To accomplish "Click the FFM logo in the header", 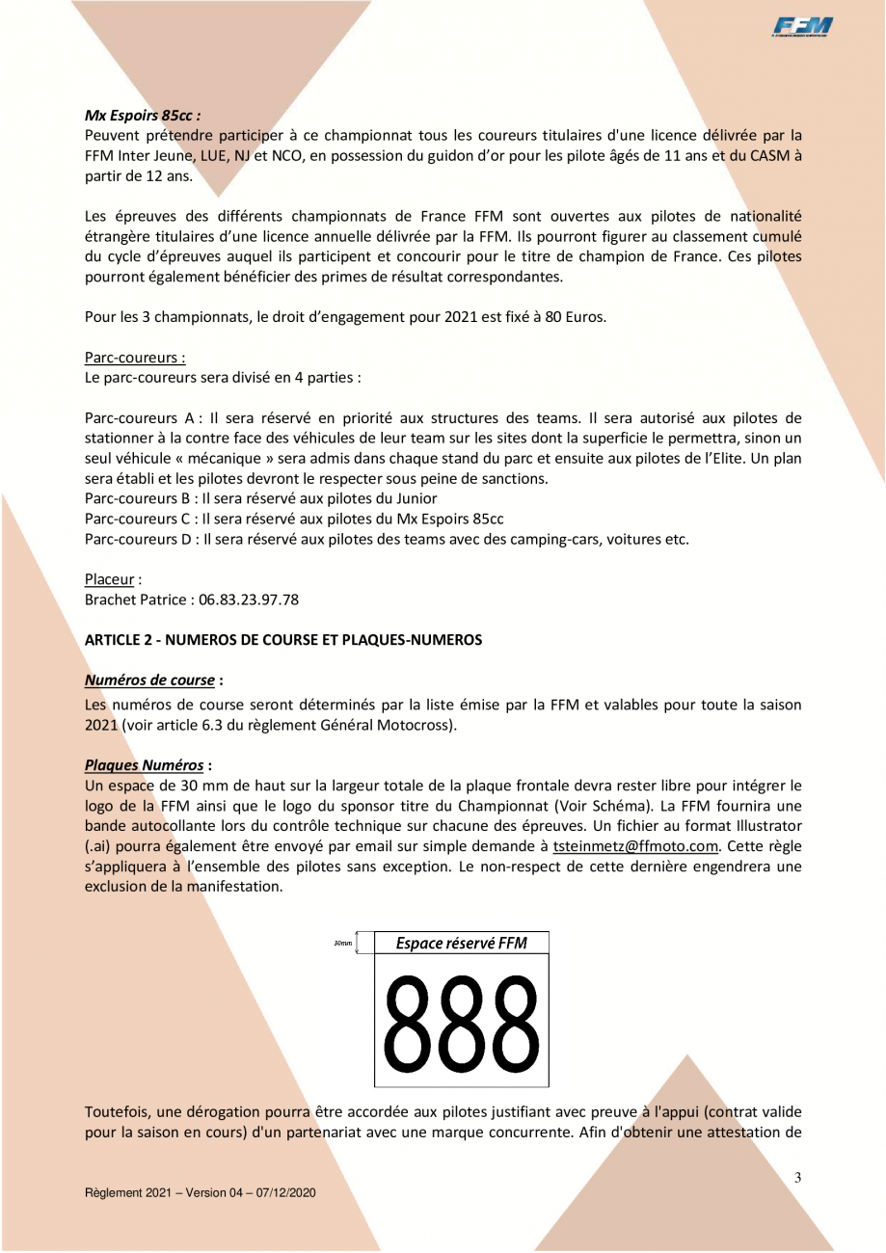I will coord(802,29).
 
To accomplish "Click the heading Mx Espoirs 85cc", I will coord(142,114).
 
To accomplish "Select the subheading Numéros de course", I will coord(149,680).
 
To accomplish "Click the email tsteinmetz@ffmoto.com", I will coord(636,847).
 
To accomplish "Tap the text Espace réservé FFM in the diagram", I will coord(462,943).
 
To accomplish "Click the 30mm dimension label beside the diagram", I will coord(343,943).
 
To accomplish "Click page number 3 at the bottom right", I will coord(797,1177).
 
